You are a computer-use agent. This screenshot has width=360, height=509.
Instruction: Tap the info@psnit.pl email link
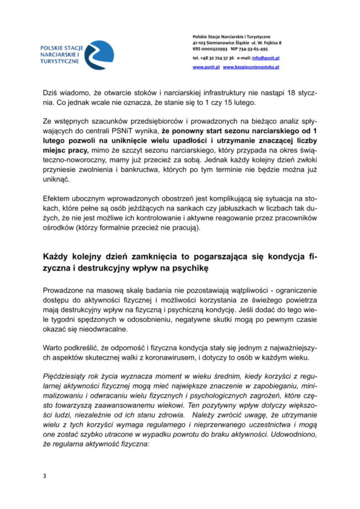[x=269, y=58]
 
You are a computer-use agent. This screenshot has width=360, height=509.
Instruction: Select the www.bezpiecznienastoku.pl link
[x=251, y=67]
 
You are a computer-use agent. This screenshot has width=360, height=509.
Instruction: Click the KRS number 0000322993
[x=215, y=49]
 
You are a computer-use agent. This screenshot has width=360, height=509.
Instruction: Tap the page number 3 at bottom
[x=44, y=476]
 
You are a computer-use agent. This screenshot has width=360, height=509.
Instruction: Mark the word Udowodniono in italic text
[x=290, y=432]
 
